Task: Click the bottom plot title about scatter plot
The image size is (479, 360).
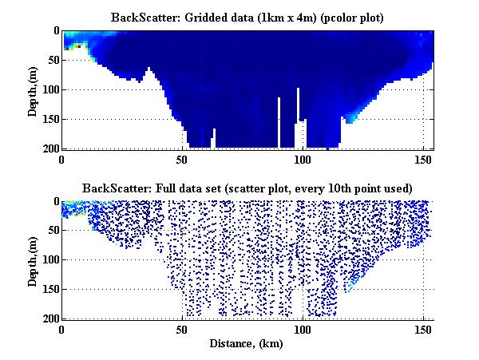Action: tap(247, 188)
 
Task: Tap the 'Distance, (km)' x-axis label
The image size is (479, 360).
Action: tap(247, 344)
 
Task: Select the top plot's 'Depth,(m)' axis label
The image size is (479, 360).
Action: tap(33, 89)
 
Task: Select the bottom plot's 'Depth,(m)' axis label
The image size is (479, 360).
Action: tap(33, 260)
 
